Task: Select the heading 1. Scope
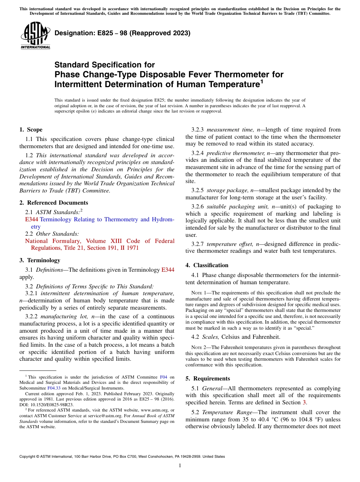[31, 130]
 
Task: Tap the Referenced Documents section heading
[53, 203]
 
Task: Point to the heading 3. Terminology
[39, 260]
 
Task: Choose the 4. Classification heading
[207, 265]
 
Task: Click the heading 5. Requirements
[208, 379]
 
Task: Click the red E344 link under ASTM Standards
[31, 219]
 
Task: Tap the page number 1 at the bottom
[180, 466]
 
